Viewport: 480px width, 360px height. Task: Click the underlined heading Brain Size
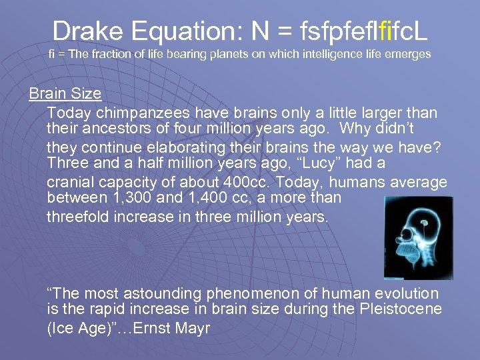65,93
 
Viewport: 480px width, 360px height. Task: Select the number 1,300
133,198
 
